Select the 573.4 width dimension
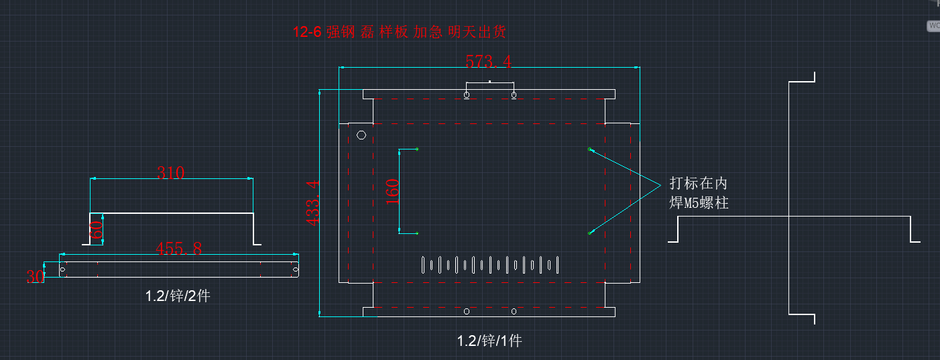click(488, 62)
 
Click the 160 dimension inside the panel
click(392, 191)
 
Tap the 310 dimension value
click(170, 172)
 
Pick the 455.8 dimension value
click(178, 249)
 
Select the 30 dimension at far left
click(35, 276)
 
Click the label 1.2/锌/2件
click(178, 296)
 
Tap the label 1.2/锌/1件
click(489, 341)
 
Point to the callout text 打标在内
click(698, 184)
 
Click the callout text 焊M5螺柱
click(699, 202)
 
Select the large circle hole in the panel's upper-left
click(361, 135)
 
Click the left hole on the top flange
click(467, 95)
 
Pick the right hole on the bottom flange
click(514, 311)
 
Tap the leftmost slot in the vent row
click(423, 265)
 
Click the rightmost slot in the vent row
click(556, 265)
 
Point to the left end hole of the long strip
click(63, 269)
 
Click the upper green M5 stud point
click(590, 149)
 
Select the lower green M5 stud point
click(590, 233)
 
